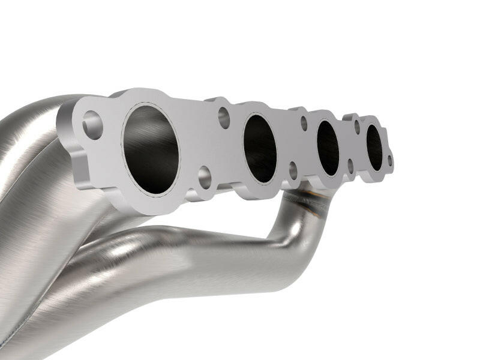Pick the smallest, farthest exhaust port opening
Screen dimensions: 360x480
tap(374, 147)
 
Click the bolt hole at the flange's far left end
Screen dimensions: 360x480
tap(92, 125)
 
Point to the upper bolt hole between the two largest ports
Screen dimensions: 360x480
tap(224, 118)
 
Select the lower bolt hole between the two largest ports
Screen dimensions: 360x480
tap(205, 177)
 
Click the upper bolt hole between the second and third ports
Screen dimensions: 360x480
tap(304, 123)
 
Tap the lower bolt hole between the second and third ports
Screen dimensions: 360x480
tap(293, 170)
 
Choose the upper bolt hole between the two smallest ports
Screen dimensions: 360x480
tap(357, 127)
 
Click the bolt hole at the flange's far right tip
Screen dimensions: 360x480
tap(390, 161)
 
